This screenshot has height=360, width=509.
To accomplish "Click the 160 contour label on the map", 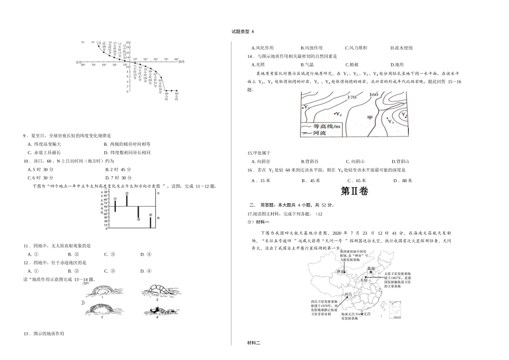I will click(374, 95).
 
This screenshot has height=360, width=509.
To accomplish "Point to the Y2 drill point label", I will click(338, 114).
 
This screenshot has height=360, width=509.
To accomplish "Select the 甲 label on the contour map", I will click(369, 117).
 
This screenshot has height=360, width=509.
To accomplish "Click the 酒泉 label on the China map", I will click(340, 272).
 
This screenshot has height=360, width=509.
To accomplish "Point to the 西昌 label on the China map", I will click(349, 295).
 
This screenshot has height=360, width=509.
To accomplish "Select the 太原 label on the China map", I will click(363, 279).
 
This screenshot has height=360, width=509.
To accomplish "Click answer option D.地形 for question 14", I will click(399, 64).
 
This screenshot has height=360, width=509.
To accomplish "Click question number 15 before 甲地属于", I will click(250, 153).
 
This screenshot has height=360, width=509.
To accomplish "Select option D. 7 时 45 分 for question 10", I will click(119, 177).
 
